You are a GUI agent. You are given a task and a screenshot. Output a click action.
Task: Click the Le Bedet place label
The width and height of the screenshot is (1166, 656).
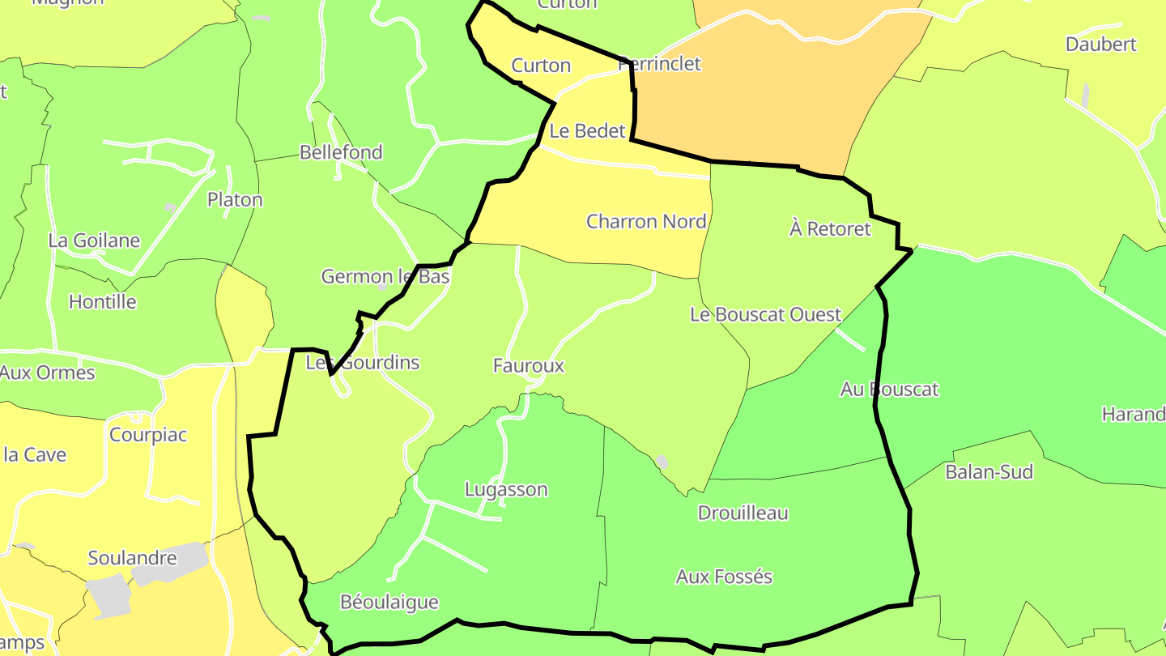tap(587, 131)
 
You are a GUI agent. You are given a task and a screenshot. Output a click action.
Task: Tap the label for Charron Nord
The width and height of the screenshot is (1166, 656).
tap(646, 221)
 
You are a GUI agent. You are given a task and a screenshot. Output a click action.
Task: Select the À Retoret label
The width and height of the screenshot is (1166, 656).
tap(830, 229)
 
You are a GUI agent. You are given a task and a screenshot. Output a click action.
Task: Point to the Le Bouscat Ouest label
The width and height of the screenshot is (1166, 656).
tap(765, 314)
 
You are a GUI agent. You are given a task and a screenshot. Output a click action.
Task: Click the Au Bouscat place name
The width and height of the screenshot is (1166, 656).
tap(889, 390)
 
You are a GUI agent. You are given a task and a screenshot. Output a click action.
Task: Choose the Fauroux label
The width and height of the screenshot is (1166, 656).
tap(528, 366)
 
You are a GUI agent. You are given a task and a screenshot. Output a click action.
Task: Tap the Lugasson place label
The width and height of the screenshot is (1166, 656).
tap(506, 489)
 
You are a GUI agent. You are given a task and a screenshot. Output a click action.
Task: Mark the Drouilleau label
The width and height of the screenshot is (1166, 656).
tap(743, 513)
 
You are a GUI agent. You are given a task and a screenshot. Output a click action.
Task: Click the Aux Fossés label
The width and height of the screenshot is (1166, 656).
tap(724, 577)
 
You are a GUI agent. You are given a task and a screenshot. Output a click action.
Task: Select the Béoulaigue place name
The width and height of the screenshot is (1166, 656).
tap(389, 602)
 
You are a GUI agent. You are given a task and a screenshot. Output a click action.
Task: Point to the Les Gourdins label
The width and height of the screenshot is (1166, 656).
tap(363, 363)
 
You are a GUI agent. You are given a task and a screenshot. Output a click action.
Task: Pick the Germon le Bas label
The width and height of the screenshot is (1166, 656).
tap(385, 277)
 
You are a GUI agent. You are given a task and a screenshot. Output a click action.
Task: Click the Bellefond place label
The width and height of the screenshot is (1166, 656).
tap(341, 152)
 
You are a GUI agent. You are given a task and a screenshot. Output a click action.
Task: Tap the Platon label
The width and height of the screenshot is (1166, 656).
tap(235, 199)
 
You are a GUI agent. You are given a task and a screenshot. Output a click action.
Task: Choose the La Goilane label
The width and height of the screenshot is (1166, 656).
tap(94, 241)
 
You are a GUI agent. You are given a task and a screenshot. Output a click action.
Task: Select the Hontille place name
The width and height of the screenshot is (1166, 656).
tap(102, 302)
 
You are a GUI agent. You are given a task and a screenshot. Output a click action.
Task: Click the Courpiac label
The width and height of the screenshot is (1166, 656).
tap(148, 435)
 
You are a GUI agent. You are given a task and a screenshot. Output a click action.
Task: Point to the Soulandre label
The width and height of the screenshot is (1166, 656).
tap(132, 558)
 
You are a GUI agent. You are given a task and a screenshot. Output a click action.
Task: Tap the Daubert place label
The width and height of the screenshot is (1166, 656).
tap(1100, 45)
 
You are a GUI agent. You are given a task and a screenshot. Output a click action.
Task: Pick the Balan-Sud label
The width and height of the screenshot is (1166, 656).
tap(989, 472)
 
